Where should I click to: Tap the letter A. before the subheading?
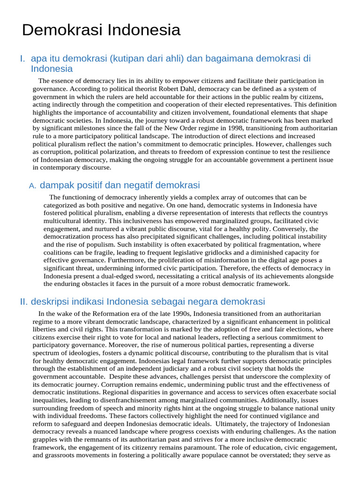tap(32, 186)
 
